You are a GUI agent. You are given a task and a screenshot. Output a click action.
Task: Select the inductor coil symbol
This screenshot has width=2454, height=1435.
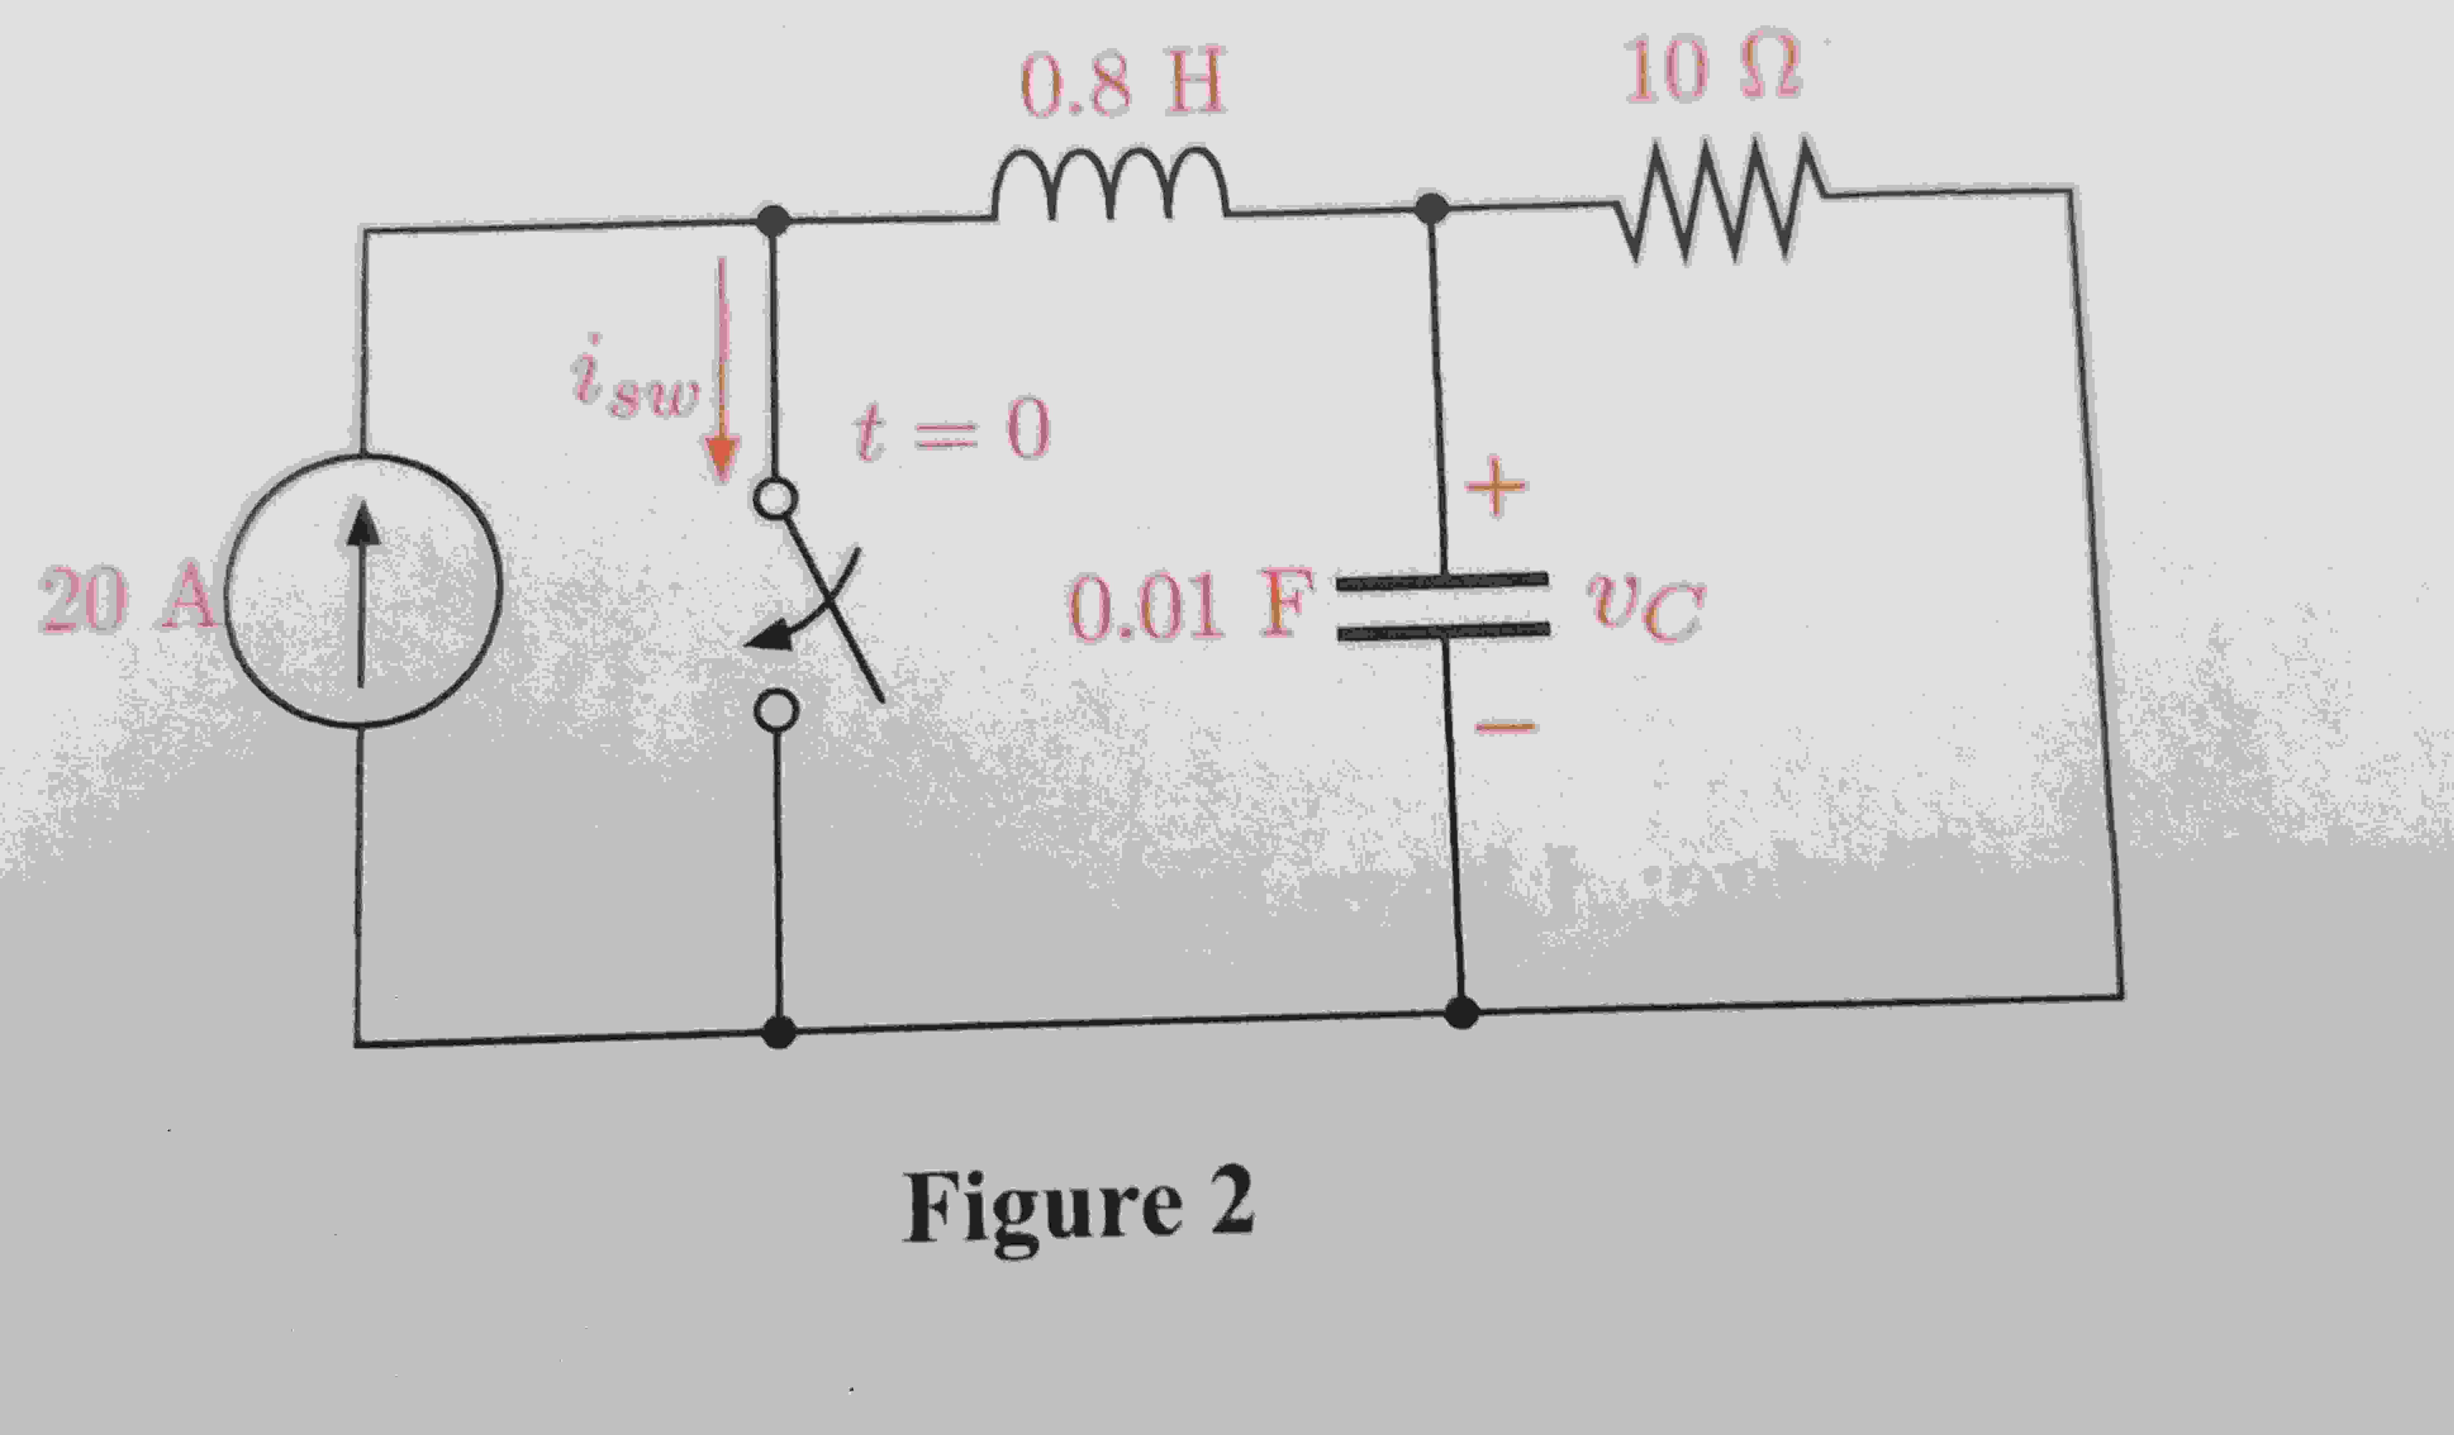[1110, 185]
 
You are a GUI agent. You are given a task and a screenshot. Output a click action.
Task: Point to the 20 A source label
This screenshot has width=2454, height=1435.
[125, 599]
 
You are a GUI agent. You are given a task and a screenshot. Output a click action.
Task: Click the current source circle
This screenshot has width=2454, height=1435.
[363, 590]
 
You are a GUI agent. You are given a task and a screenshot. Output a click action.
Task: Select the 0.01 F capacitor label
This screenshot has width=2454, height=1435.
[1188, 607]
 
